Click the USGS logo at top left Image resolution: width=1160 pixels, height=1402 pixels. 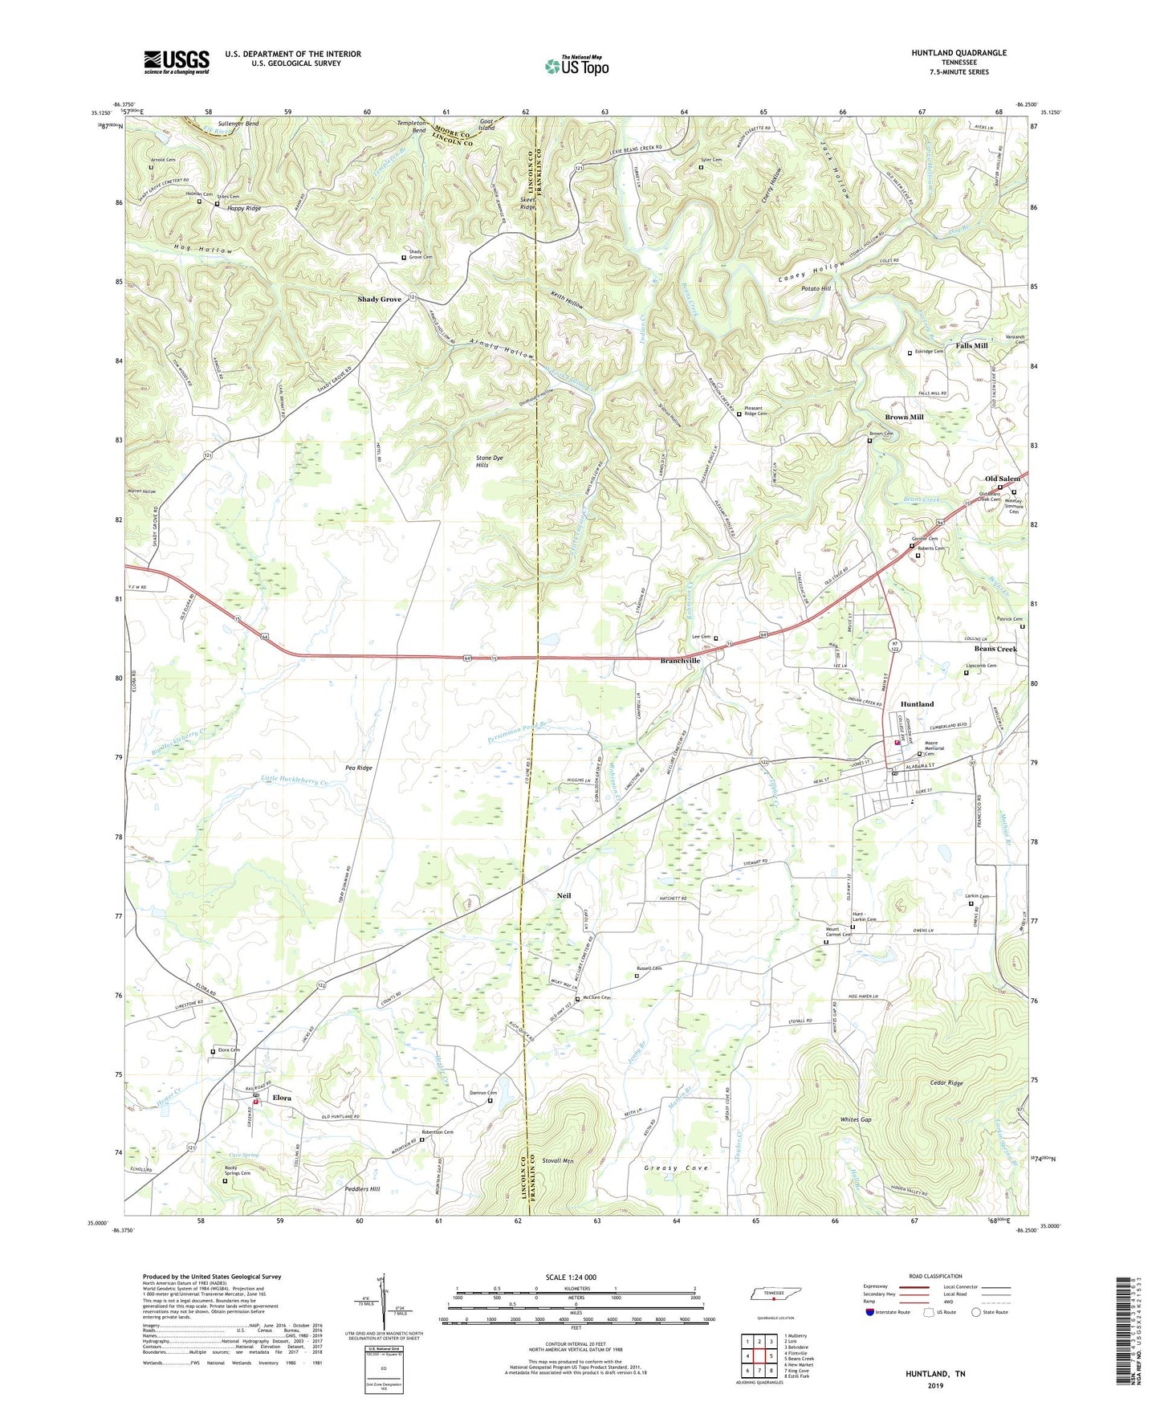click(176, 62)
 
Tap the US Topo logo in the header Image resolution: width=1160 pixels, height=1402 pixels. click(576, 66)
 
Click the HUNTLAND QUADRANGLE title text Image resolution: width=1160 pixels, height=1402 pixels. click(959, 53)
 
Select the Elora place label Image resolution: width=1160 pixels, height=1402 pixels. click(281, 1097)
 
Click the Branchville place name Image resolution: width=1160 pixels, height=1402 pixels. click(680, 661)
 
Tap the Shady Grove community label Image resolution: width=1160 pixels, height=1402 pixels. click(379, 300)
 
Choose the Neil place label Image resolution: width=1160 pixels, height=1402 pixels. click(564, 895)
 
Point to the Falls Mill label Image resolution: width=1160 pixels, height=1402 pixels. click(971, 345)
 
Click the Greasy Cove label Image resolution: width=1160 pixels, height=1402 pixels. click(676, 1168)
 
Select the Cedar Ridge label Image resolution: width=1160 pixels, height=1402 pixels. click(945, 1083)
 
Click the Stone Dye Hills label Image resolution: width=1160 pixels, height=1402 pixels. click(489, 461)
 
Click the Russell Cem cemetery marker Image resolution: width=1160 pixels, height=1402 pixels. click(637, 976)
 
